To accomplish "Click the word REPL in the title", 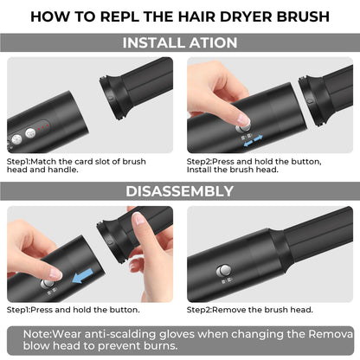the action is [x=120, y=16].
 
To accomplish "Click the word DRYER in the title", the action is [x=246, y=16].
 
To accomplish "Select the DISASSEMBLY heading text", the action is [x=179, y=191].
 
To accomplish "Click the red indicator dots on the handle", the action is [x=42, y=127].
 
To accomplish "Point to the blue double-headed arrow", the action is [x=254, y=140].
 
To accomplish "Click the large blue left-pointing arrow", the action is [x=83, y=276].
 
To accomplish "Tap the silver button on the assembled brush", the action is [x=223, y=271].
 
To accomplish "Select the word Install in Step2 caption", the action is [x=199, y=170].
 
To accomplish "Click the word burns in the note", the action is [x=162, y=345].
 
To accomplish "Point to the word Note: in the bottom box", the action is [x=37, y=334].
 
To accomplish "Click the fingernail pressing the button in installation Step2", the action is [x=242, y=119].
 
